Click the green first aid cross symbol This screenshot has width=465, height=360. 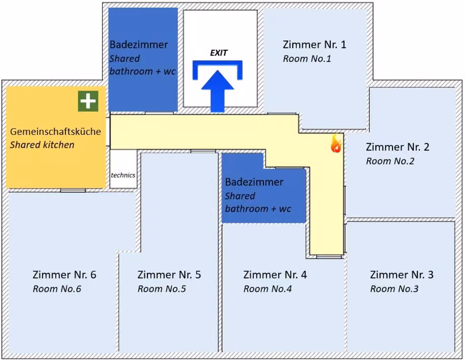click(88, 101)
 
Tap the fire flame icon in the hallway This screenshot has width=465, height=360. click(336, 143)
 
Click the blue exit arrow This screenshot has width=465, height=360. click(218, 91)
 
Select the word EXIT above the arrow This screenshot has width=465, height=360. click(218, 53)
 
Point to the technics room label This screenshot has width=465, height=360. click(123, 175)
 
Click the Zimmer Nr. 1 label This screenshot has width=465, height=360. click(315, 45)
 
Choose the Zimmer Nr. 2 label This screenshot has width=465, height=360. click(398, 147)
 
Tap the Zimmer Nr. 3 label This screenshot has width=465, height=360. click(402, 275)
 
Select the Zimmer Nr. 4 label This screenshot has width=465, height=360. click(275, 275)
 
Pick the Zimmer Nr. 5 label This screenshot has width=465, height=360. click(169, 275)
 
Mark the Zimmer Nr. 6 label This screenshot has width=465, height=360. click(64, 275)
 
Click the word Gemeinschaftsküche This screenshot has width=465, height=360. click(55, 131)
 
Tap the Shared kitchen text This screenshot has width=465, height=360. click(42, 145)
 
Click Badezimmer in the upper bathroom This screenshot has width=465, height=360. click(139, 45)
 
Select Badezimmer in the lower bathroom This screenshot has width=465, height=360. click(254, 182)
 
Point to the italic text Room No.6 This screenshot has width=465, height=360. click(57, 289)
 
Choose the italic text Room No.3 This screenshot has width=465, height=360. click(394, 289)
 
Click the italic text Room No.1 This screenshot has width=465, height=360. click(307, 59)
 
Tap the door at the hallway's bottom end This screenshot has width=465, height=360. click(329, 257)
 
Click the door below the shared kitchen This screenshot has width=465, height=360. click(73, 190)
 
